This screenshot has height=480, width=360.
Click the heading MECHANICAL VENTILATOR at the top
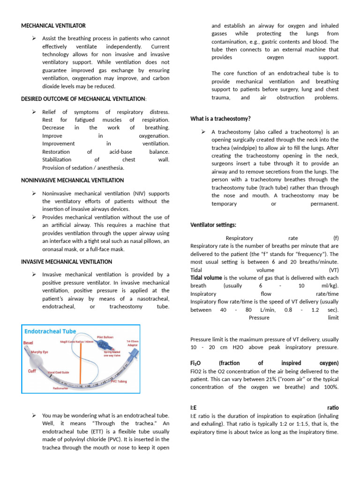[x=53, y=25]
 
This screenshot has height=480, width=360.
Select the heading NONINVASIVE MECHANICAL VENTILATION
[x=73, y=180]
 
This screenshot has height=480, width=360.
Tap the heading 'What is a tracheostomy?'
[x=220, y=119]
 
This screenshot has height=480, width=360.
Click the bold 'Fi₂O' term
[x=196, y=363]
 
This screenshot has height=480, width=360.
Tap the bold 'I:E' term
[x=194, y=408]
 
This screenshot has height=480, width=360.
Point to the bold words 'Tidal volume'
[x=206, y=277]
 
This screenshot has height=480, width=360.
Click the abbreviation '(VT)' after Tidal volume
[x=334, y=270]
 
